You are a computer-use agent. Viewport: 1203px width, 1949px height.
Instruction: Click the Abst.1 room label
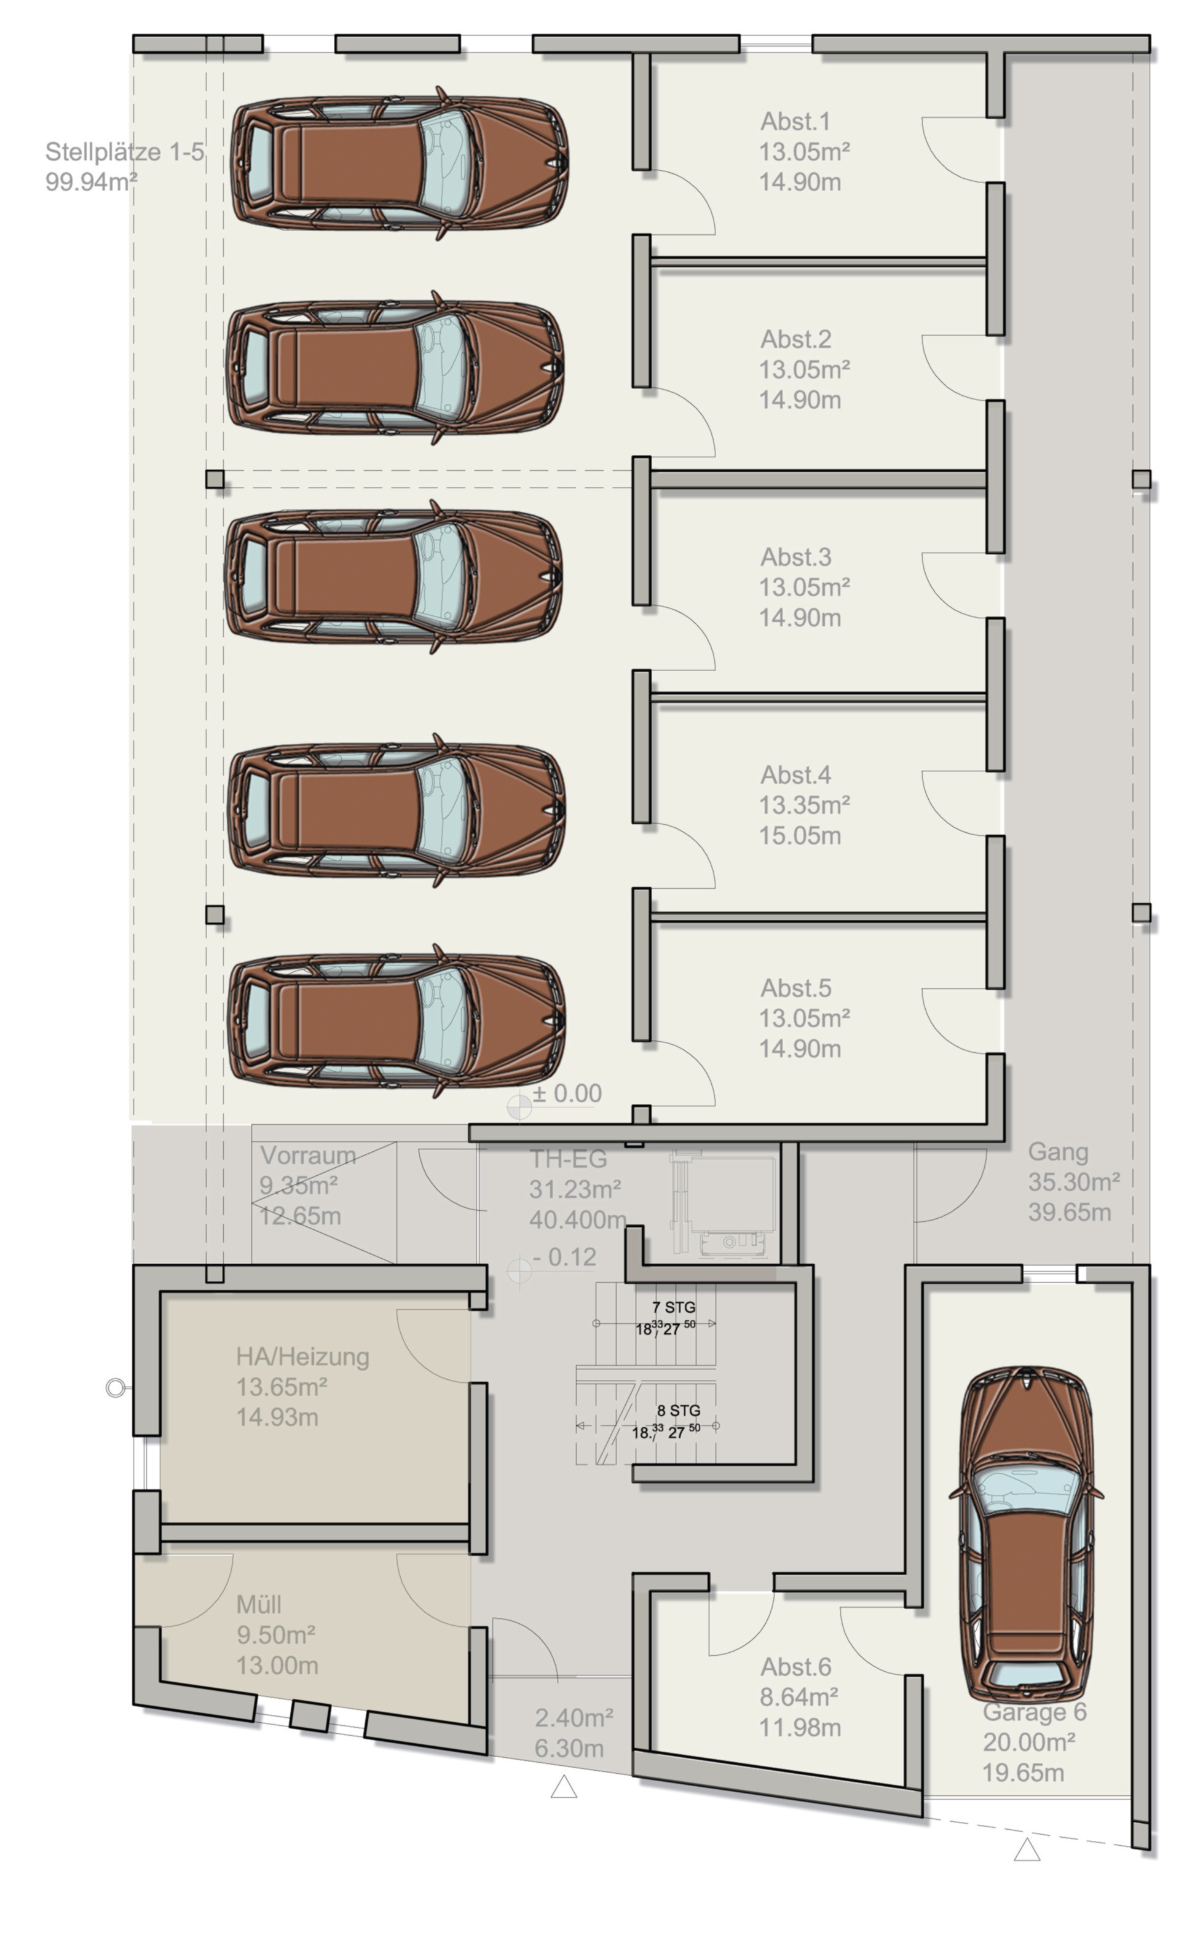tap(795, 121)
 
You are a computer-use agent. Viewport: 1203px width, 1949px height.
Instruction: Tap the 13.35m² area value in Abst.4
tap(805, 805)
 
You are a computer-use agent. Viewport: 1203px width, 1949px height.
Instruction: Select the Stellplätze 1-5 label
tap(124, 151)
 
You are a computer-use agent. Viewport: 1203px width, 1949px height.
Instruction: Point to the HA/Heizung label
tap(302, 1356)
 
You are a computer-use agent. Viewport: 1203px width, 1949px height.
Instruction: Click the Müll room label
tap(259, 1605)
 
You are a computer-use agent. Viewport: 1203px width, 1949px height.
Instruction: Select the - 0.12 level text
tap(564, 1257)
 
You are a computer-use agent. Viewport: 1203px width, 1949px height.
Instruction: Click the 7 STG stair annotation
tap(674, 1307)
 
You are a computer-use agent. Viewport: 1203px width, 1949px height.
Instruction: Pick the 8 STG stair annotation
tap(679, 1411)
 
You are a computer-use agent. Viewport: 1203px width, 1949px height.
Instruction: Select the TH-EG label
tap(568, 1159)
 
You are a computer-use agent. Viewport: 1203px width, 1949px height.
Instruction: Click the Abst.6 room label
tap(795, 1667)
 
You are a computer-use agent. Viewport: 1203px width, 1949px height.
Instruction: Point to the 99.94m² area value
tap(91, 181)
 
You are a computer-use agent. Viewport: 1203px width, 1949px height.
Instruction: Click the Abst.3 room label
tap(795, 557)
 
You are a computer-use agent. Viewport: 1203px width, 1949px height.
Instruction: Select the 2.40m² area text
tap(574, 1719)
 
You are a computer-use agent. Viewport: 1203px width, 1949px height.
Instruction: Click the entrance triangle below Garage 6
tap(1027, 1851)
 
